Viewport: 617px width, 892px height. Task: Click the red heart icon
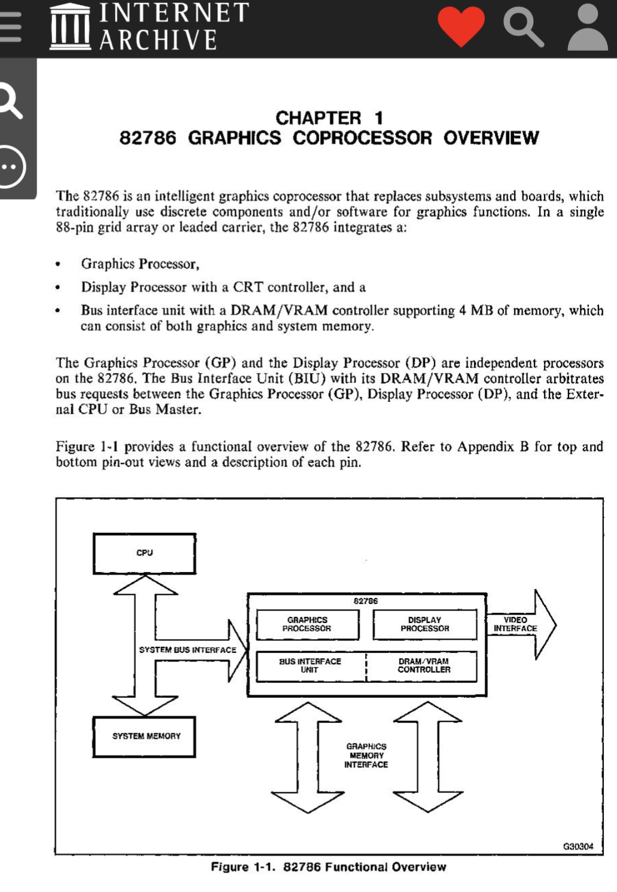click(x=461, y=26)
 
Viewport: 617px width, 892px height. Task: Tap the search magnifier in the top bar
click(x=523, y=27)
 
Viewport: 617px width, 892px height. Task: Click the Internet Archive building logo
click(x=70, y=27)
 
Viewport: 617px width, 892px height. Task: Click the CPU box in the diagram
click(x=144, y=553)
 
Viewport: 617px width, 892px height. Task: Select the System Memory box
click(x=144, y=736)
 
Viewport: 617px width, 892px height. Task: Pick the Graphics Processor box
click(x=307, y=624)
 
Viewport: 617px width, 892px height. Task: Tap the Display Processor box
click(x=424, y=624)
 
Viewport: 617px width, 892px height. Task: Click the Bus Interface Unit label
click(x=310, y=665)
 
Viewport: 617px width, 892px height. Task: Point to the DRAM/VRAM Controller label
click(x=424, y=665)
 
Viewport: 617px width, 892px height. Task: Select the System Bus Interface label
click(x=187, y=649)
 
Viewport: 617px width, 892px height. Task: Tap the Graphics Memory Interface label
click(x=366, y=755)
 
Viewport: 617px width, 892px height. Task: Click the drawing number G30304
click(x=578, y=846)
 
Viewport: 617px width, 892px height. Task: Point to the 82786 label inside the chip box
click(x=366, y=601)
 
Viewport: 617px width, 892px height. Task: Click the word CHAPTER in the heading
click(x=318, y=118)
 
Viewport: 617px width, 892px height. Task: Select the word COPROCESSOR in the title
click(x=362, y=138)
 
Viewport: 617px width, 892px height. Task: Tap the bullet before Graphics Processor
click(x=58, y=264)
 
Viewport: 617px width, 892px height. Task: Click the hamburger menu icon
click(x=10, y=27)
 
